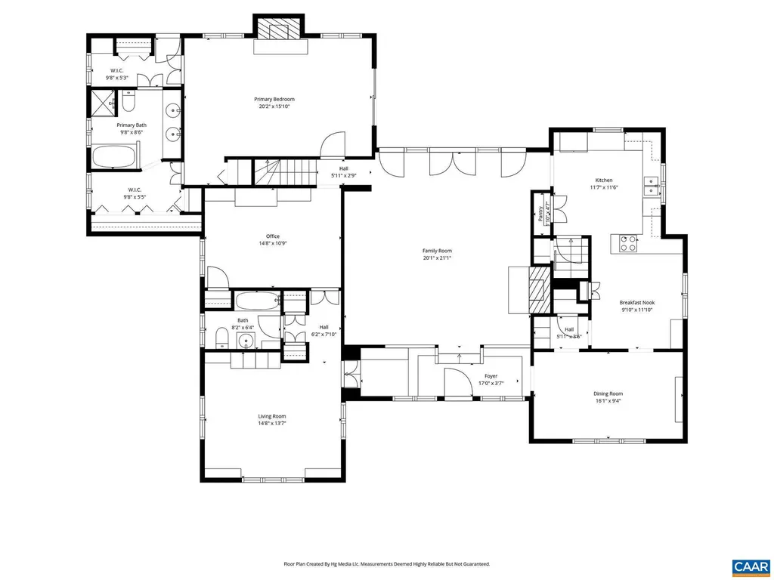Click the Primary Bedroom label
pos(274,99)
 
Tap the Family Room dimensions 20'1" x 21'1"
pos(437,258)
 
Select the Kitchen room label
pos(603,180)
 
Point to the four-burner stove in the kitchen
pos(627,243)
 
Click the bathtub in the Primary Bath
pos(114,158)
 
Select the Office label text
pos(273,236)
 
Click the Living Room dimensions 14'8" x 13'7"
pos(273,424)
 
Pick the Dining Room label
pos(608,393)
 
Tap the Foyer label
pos(491,375)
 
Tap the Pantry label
pos(541,216)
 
